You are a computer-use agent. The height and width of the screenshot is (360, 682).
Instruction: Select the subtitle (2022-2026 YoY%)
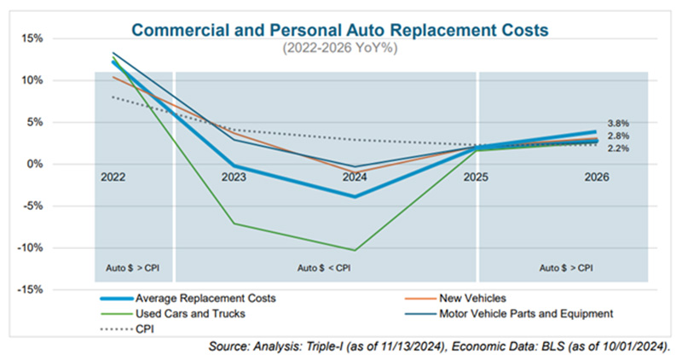click(340, 49)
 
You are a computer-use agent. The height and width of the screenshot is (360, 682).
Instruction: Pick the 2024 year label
click(355, 177)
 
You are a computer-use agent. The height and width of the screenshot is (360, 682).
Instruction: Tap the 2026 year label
click(596, 177)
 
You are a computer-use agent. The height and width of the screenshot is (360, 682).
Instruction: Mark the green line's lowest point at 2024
click(355, 250)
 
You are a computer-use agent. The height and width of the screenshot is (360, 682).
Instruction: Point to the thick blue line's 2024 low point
click(355, 196)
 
